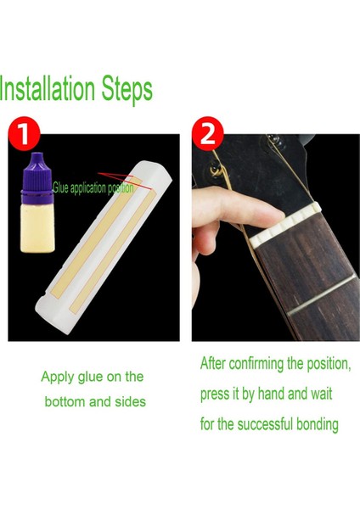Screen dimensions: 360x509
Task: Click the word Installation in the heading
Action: click(x=47, y=88)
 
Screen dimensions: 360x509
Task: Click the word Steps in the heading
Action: click(x=127, y=90)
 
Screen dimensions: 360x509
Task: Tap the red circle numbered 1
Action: click(x=24, y=132)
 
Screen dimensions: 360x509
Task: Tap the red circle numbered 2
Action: click(x=208, y=133)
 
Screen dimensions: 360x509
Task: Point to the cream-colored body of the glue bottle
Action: click(x=37, y=228)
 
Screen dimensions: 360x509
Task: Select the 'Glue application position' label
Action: click(x=93, y=188)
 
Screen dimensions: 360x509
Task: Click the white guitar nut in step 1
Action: click(x=104, y=247)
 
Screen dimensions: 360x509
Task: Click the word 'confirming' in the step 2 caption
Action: click(x=256, y=364)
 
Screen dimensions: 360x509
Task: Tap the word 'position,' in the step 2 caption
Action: click(x=329, y=364)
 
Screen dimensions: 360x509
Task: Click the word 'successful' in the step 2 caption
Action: click(x=261, y=424)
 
